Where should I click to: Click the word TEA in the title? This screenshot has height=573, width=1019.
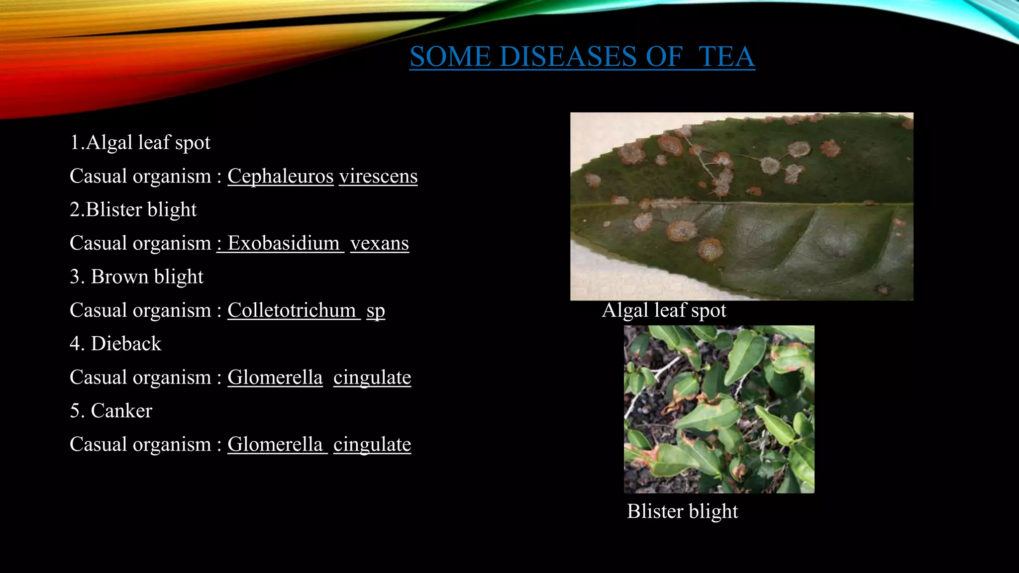click(726, 56)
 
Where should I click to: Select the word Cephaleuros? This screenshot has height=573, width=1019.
click(280, 176)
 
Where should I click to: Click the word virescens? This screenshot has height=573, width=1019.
click(378, 176)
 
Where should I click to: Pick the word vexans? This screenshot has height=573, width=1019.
click(380, 243)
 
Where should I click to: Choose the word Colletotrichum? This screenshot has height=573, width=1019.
click(292, 310)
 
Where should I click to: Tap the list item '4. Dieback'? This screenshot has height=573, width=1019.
click(115, 344)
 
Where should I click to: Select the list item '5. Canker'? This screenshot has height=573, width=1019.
click(111, 411)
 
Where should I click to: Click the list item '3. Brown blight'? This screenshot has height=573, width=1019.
click(136, 277)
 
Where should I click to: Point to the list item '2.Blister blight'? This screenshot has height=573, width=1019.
click(133, 209)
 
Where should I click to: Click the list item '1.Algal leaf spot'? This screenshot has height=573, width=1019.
click(140, 143)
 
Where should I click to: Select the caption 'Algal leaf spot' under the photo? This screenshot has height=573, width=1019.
click(664, 310)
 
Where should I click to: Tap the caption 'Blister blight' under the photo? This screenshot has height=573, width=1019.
click(682, 511)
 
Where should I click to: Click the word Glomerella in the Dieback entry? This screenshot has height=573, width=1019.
click(275, 378)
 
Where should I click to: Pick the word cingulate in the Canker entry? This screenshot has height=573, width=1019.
click(372, 445)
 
